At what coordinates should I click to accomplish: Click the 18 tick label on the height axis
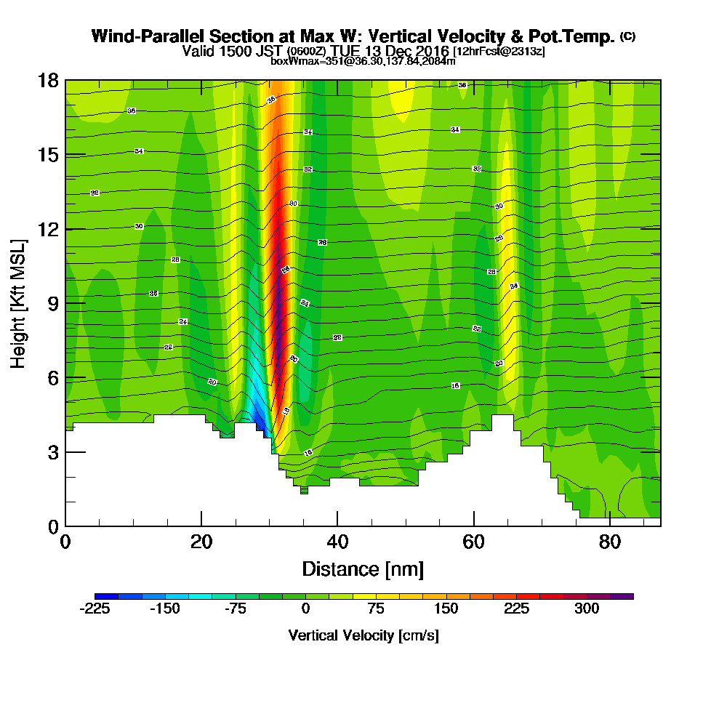(47, 80)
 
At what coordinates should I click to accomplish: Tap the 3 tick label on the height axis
(52, 452)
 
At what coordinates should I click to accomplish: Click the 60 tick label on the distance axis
(473, 542)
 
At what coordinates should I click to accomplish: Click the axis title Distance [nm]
(363, 569)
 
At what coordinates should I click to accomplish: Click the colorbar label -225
(94, 609)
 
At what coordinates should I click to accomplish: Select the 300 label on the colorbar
(587, 609)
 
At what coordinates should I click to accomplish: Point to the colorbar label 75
(376, 609)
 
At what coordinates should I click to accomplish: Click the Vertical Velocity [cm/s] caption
(363, 635)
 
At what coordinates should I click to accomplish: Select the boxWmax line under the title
(363, 61)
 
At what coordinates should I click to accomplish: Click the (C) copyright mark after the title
(627, 36)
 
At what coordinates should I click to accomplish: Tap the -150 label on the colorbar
(164, 609)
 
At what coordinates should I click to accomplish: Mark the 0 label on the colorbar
(305, 609)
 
